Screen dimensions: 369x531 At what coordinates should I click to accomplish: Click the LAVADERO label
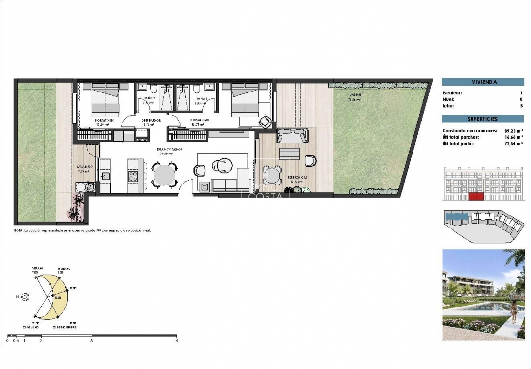coord(84,167)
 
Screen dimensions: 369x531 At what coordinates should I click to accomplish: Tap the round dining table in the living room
coord(163,174)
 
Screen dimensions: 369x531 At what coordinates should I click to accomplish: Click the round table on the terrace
coord(272,175)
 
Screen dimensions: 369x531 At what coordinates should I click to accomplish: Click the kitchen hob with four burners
coord(133,175)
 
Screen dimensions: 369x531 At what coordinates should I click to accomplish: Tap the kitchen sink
coord(105,176)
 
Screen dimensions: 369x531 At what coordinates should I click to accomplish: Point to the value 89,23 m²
coord(512,131)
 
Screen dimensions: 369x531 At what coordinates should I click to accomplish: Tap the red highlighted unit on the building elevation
coord(475,197)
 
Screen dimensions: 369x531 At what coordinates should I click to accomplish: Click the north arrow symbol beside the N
coord(26,297)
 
